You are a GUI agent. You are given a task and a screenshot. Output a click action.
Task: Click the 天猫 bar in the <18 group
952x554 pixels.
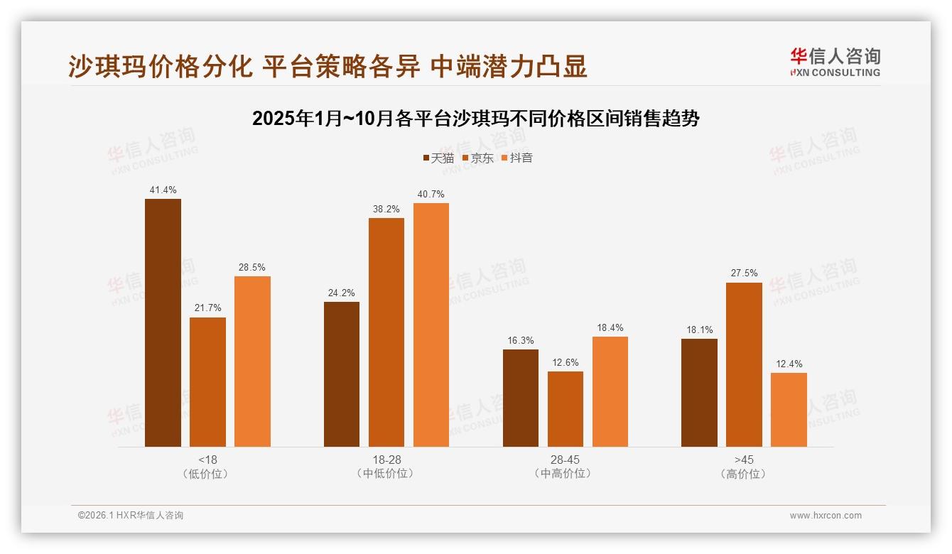pos(163,322)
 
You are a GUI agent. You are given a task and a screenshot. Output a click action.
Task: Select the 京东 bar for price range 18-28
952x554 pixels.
pos(386,332)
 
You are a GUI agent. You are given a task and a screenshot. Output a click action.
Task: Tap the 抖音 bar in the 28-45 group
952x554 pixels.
pos(610,391)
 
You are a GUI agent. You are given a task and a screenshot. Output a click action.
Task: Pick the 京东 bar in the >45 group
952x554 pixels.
pos(744,364)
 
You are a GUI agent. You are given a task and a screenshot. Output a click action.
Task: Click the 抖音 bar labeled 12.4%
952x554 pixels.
pos(789,410)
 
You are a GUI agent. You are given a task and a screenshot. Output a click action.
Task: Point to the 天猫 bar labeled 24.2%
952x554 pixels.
pos(342,374)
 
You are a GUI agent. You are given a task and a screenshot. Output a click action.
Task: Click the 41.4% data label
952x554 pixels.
pos(163,190)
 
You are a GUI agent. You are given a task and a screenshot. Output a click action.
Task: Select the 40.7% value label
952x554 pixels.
pos(431,195)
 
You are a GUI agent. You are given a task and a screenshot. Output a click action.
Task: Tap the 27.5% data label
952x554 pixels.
pos(744,273)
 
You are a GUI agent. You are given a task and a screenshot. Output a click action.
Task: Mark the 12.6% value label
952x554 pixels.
pos(565,363)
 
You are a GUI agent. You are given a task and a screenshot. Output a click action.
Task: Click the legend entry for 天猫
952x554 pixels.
pos(438,158)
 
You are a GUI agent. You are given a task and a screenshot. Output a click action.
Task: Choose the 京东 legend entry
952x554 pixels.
pos(478,158)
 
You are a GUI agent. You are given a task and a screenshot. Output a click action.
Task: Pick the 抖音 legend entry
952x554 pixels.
pos(517,158)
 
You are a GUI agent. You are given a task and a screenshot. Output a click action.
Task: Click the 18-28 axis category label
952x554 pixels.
pos(386,460)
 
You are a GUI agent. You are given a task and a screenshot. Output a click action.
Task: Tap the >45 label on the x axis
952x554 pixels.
pos(744,460)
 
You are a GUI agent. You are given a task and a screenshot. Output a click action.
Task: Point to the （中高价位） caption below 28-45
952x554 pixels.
pos(565,474)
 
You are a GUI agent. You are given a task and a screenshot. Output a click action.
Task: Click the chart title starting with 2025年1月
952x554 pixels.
pos(476,119)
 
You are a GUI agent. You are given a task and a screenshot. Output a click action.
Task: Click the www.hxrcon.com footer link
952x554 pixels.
pos(826,516)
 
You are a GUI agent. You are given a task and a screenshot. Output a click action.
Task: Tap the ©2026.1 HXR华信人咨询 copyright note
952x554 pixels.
pos(131,516)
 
